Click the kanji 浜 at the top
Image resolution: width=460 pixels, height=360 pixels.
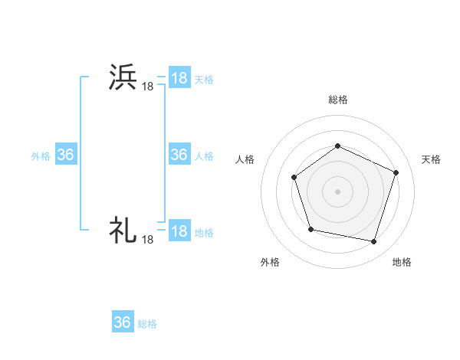[123, 78]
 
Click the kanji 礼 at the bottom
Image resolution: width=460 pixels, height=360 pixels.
[123, 229]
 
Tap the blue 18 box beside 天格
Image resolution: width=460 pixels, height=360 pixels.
[179, 78]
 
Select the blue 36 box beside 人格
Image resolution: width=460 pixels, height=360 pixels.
[179, 155]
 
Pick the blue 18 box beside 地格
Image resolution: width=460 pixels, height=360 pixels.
[179, 231]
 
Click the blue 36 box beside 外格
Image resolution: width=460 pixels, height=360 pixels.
[66, 155]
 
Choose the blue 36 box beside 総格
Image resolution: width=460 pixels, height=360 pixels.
[123, 322]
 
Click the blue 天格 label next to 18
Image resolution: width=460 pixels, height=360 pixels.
[204, 79]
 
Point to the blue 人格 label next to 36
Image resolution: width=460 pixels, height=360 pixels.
[204, 155]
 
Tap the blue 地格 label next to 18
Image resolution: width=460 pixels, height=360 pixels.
[204, 232]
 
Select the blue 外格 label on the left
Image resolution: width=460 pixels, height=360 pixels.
[41, 155]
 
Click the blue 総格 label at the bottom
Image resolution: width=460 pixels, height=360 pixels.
[147, 324]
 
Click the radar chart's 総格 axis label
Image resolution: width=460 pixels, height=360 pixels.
[337, 100]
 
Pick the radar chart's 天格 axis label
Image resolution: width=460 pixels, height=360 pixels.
[432, 159]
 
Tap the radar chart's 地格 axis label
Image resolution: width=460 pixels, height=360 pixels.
[402, 263]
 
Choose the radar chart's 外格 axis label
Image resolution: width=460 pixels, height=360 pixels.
[270, 263]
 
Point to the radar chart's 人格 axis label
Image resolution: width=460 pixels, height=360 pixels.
[245, 159]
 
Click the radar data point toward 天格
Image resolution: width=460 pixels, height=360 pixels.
[396, 172]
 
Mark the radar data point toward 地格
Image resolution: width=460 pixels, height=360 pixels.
[374, 242]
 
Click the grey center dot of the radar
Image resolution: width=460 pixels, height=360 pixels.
[337, 191]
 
